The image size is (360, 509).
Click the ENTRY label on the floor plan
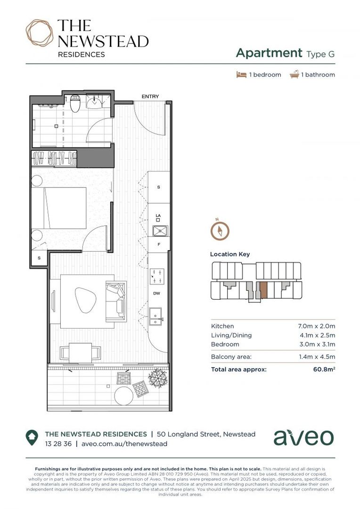[150, 97]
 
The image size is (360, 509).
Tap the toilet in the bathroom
[74, 105]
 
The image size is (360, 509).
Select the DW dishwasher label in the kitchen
[157, 293]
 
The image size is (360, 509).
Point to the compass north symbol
[220, 230]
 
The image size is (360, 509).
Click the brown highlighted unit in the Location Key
[263, 290]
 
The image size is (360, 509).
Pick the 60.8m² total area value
[324, 369]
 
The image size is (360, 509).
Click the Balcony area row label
[231, 357]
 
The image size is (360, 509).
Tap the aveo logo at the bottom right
[303, 437]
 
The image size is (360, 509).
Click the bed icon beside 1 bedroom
[242, 74]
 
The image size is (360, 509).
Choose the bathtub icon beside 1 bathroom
[295, 74]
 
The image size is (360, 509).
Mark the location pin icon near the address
[32, 438]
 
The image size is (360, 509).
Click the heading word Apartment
[269, 53]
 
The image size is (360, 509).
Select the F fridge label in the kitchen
[159, 245]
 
